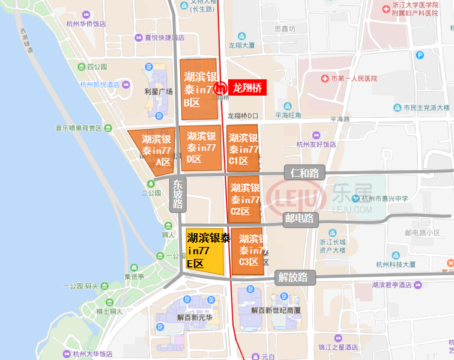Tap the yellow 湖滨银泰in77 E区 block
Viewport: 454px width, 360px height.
coord(205,251)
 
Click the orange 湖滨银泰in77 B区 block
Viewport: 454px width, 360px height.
coord(199,89)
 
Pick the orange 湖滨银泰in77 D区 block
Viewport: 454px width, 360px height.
coord(201,147)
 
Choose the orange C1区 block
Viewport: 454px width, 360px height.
coord(243,148)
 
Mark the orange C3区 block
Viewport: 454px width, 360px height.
coord(247,251)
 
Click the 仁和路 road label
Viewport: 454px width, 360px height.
coord(304,173)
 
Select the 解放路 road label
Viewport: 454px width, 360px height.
coord(292,277)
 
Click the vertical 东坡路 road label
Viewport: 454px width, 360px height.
coord(178,194)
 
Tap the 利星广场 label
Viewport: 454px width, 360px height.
coord(159,91)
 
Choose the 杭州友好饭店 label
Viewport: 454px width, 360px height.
coord(316,144)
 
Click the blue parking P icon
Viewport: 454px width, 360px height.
coord(420,55)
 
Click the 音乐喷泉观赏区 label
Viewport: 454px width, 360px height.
coord(80,128)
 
